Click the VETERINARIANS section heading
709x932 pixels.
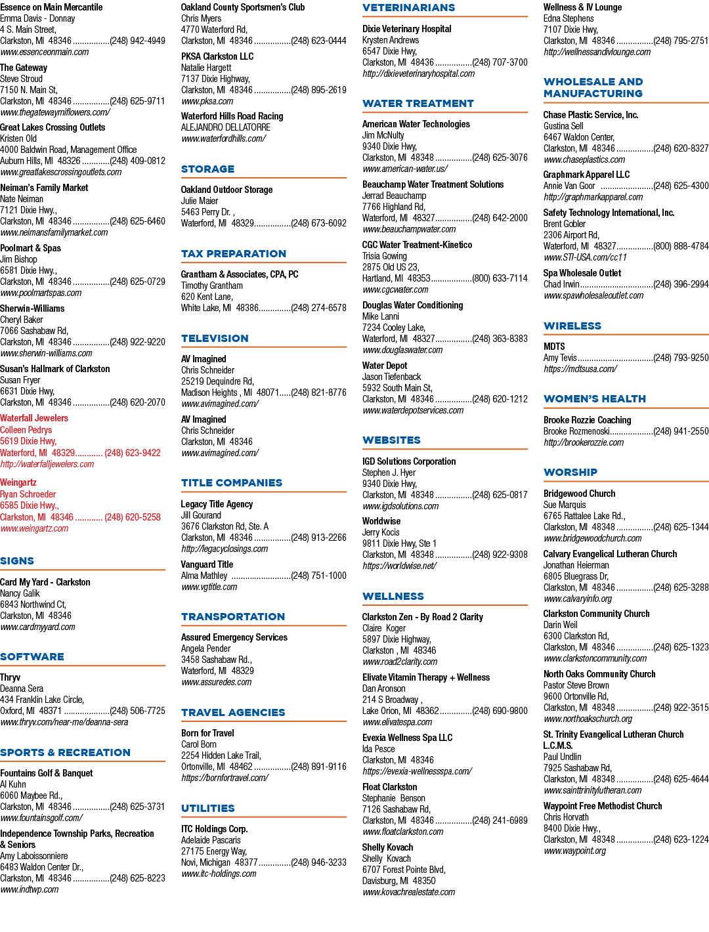point(408,8)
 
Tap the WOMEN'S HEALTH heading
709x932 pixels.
point(594,398)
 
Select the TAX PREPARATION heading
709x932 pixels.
point(234,253)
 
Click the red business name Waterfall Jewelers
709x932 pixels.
point(34,418)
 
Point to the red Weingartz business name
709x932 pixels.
point(18,483)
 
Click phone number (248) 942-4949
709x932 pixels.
point(138,41)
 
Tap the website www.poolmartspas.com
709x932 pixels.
point(41,293)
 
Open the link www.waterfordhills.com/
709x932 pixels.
point(224,138)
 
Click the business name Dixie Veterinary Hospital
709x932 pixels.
point(407,29)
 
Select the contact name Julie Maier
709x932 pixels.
point(200,201)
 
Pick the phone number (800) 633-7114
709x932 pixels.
point(500,278)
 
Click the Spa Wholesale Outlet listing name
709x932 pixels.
point(582,273)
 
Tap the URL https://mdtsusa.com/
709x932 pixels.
point(580,369)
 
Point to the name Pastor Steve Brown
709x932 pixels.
point(576,685)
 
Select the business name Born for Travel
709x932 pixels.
point(207,733)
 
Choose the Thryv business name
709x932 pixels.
point(11,677)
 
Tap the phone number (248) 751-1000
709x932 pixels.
point(318,576)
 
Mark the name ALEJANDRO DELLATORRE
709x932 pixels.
point(225,127)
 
